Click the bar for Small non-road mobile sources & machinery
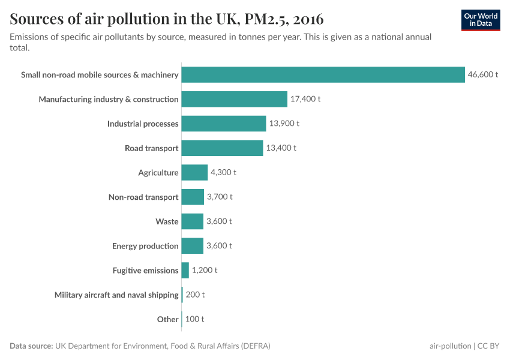323,75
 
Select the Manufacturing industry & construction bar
234,99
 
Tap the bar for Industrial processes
223,124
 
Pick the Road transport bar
222,148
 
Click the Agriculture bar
194,173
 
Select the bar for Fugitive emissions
185,271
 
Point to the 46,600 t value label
483,75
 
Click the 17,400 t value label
305,99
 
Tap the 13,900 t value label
284,124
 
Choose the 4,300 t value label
223,173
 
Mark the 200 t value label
194,295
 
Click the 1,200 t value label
205,271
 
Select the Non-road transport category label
143,197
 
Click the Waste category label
167,221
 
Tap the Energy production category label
145,246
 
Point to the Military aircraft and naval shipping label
116,295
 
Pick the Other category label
167,319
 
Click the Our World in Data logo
481,20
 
